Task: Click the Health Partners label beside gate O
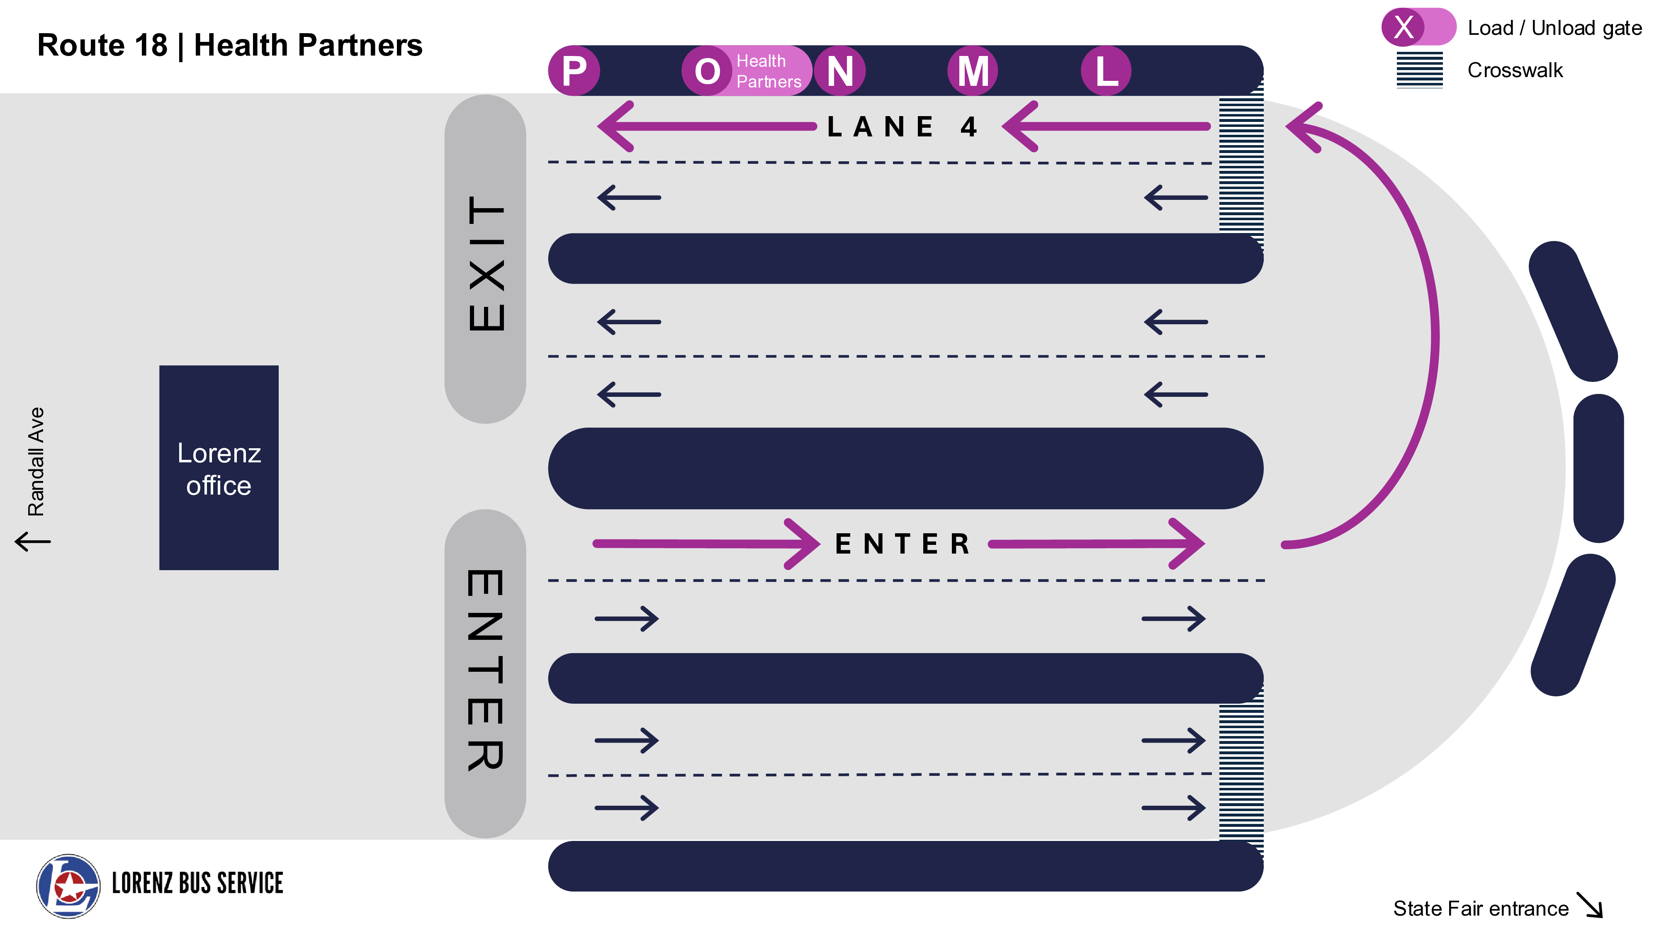click(x=768, y=71)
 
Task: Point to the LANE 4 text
click(x=902, y=127)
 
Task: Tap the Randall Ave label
click(x=36, y=461)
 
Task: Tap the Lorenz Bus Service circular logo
click(x=68, y=886)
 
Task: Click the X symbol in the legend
click(x=1404, y=27)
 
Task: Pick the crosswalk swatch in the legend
click(x=1419, y=70)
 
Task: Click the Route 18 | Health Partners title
click(x=230, y=45)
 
